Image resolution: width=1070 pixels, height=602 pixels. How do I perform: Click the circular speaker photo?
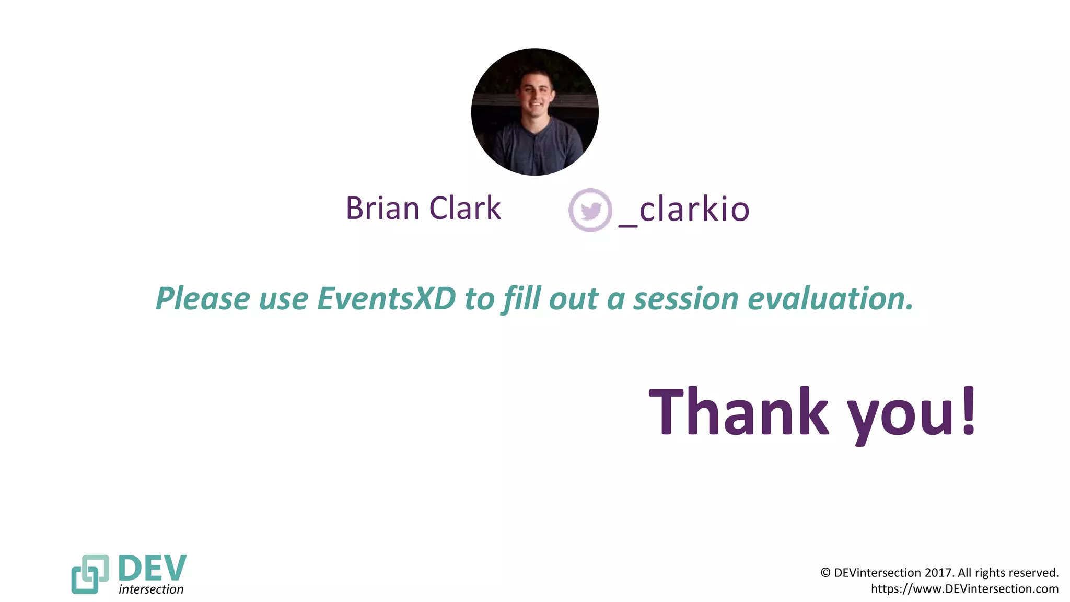pos(534,112)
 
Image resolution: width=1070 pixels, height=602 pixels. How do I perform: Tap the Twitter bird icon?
pos(590,210)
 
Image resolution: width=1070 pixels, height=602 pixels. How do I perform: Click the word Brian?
pos(382,208)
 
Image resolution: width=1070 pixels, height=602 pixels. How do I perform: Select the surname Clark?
pos(465,208)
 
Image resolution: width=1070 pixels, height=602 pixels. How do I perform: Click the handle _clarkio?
pos(684,210)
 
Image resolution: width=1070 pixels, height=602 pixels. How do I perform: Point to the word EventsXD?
pos(386,299)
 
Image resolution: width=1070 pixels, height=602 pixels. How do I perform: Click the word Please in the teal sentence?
pos(203,299)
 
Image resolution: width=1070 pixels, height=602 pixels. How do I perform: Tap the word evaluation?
pos(831,299)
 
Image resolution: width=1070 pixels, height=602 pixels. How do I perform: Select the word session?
pos(686,299)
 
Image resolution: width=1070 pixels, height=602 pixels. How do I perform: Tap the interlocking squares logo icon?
pos(90,574)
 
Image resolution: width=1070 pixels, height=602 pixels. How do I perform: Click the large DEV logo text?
pos(152,568)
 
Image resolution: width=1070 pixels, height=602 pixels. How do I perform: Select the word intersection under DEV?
pos(151,589)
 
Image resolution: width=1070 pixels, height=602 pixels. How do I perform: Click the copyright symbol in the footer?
pos(825,573)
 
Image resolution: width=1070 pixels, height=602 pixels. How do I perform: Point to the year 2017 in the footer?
pos(938,573)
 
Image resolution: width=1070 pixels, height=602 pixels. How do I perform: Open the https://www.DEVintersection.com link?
pos(964,589)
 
